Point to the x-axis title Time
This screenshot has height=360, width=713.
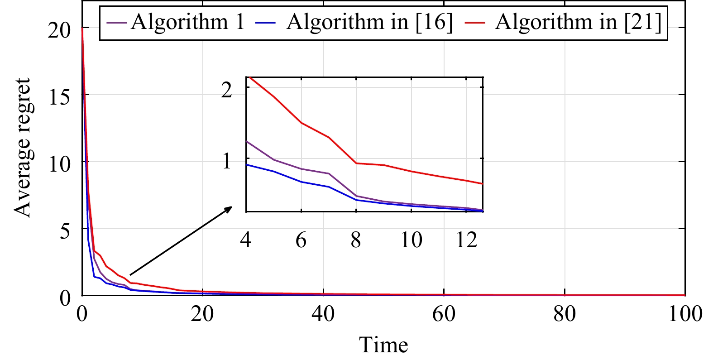(383, 345)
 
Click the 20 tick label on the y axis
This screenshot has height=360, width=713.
(59, 30)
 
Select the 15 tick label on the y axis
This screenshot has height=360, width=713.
(59, 96)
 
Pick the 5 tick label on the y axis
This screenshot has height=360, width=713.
(65, 230)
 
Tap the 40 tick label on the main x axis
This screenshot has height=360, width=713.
(323, 313)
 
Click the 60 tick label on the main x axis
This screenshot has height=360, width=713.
(444, 313)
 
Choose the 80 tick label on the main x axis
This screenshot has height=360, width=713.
(565, 313)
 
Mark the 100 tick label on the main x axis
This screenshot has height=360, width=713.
(685, 313)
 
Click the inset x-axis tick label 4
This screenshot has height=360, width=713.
(246, 240)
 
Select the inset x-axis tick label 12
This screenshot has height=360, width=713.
(466, 240)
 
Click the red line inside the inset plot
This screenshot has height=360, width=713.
(384, 165)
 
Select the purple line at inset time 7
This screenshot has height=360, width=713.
(329, 173)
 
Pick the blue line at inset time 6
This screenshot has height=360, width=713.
(301, 182)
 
